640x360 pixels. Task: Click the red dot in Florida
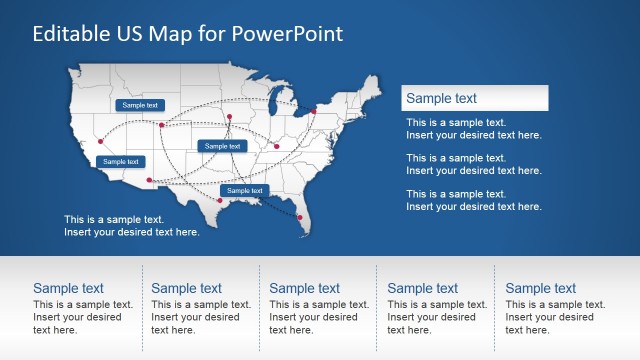pyautogui.click(x=299, y=217)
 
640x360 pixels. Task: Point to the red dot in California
pyautogui.click(x=100, y=142)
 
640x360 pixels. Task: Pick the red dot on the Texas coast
pyautogui.click(x=219, y=200)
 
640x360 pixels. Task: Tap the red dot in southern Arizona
pyautogui.click(x=150, y=180)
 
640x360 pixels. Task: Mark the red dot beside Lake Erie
pyautogui.click(x=313, y=111)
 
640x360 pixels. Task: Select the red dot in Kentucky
pyautogui.click(x=277, y=146)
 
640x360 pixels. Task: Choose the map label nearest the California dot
pyautogui.click(x=120, y=161)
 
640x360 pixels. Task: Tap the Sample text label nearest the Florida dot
pyautogui.click(x=244, y=190)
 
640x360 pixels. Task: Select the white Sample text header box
pyautogui.click(x=474, y=98)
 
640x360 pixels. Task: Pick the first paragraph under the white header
pyautogui.click(x=473, y=128)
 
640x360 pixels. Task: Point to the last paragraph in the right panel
pyautogui.click(x=473, y=200)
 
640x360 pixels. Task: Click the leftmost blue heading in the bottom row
pyautogui.click(x=68, y=288)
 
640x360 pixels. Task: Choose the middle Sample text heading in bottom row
pyautogui.click(x=304, y=288)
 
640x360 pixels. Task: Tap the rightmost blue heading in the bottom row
pyautogui.click(x=540, y=288)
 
